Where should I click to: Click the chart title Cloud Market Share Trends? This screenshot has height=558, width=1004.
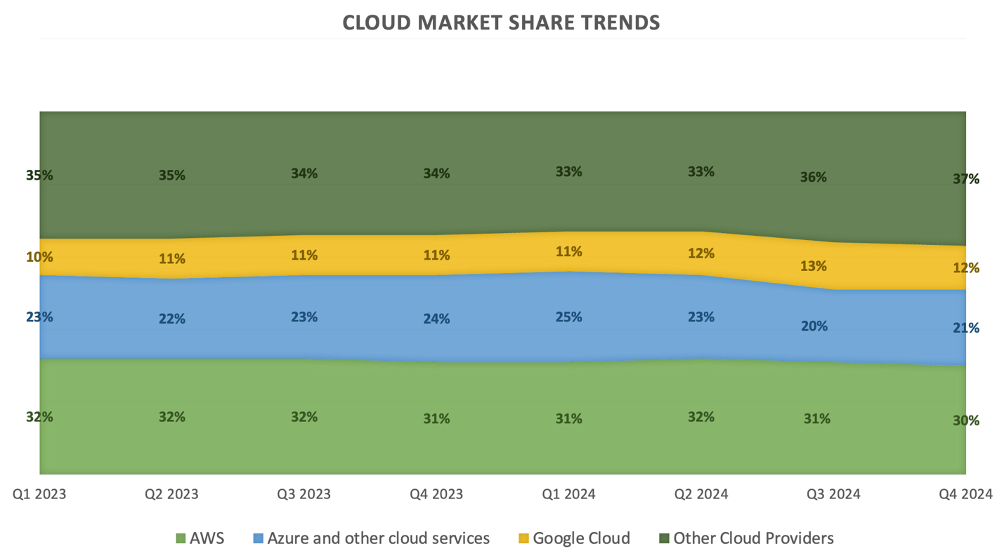coord(501,22)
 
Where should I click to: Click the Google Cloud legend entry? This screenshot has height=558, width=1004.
coord(580,538)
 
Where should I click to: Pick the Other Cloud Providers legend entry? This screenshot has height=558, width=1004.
coord(752,538)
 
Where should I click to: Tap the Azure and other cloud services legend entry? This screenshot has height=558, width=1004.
coord(378,538)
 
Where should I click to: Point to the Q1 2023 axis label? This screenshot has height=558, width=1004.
coord(39,494)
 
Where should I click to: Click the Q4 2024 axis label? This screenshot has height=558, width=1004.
coord(965,494)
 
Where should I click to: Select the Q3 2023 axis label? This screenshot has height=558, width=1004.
coord(304,494)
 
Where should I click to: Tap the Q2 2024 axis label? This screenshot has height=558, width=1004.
coord(701,494)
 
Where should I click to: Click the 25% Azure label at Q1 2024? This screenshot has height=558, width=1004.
coord(568,317)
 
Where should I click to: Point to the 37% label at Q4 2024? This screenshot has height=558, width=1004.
coord(966,179)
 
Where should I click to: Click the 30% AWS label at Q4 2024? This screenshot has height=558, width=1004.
coord(966,420)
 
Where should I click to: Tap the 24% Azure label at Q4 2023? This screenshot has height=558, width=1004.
coord(436,319)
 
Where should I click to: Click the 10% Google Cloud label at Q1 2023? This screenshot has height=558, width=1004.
coord(39,257)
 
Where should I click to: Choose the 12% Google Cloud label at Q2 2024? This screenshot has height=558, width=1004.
coord(701,253)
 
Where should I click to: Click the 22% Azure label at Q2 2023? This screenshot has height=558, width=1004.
coord(172,319)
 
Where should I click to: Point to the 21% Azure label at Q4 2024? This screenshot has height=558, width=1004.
coord(966,328)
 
